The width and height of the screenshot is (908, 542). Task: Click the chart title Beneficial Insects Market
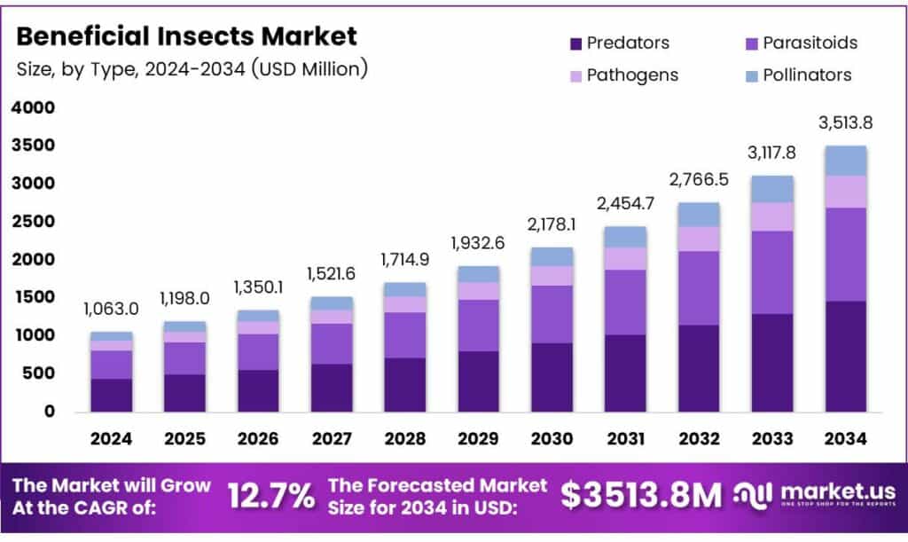click(187, 36)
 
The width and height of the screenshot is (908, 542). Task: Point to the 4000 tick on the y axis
click(33, 108)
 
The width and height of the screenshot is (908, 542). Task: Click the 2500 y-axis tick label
click(33, 222)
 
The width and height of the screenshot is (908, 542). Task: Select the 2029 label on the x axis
click(478, 438)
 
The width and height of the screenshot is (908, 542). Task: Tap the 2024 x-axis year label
click(112, 438)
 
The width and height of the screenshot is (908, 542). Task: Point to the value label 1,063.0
click(112, 310)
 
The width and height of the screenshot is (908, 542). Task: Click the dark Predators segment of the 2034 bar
click(845, 356)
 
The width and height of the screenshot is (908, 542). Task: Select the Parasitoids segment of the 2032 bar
click(699, 287)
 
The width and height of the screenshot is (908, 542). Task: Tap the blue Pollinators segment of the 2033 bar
click(771, 189)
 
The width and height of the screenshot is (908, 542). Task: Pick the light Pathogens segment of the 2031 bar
click(625, 258)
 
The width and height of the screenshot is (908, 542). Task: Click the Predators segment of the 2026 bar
click(258, 390)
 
